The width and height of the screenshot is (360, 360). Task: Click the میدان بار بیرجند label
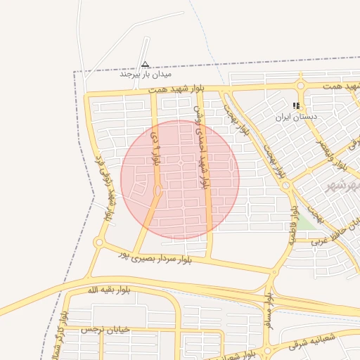click(146, 73)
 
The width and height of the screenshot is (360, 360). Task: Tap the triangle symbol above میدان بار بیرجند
click(146, 64)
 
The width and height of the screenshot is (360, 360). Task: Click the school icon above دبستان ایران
click(296, 105)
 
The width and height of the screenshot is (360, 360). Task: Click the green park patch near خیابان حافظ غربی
click(305, 223)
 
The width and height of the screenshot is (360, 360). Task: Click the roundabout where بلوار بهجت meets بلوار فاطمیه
click(286, 186)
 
